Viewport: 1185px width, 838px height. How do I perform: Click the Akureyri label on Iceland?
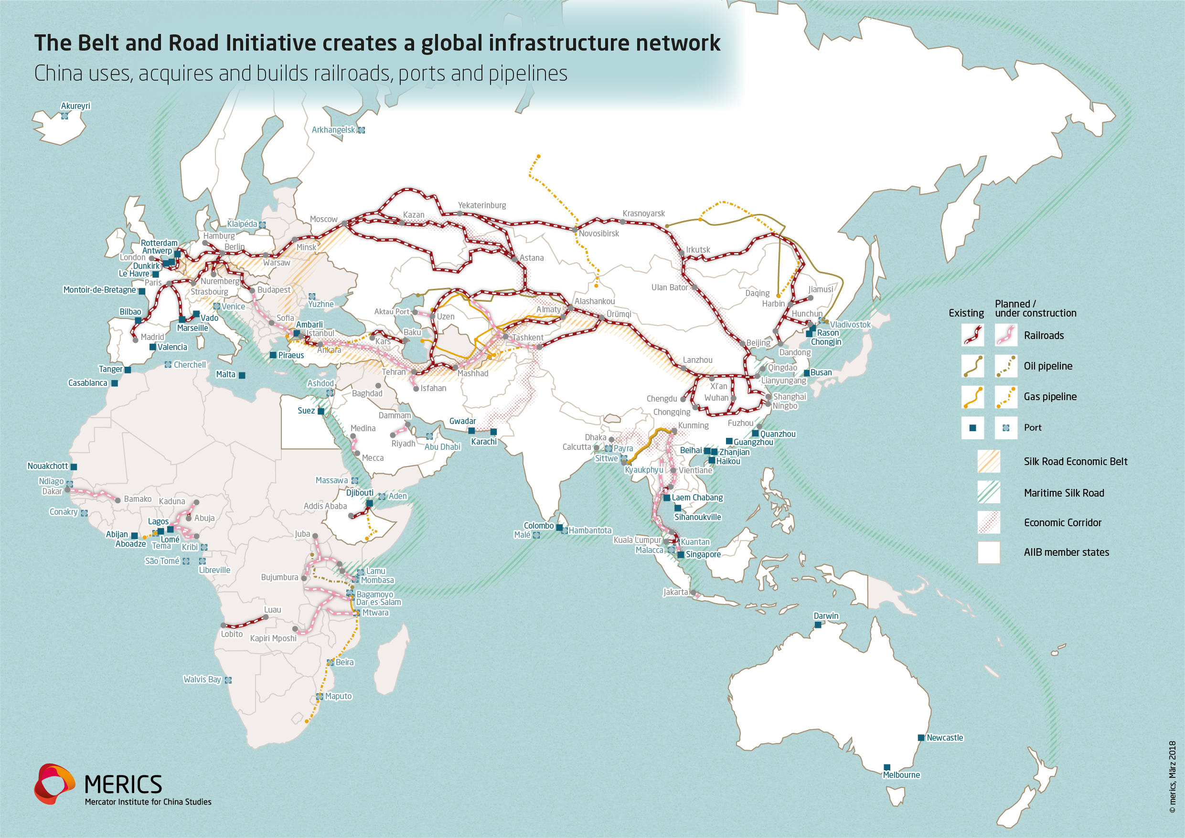75,106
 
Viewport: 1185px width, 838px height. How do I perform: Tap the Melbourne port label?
901,775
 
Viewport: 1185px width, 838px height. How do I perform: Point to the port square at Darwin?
818,625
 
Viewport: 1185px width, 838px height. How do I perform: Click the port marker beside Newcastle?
921,738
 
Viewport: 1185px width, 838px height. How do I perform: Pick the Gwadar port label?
462,421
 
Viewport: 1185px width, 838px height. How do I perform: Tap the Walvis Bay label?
203,679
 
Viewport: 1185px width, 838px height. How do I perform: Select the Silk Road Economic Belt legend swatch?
988,461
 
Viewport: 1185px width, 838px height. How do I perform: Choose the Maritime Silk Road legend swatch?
988,492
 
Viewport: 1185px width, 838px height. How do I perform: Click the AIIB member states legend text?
1066,552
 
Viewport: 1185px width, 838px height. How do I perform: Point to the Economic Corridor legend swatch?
988,522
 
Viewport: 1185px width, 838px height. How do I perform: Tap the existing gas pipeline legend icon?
972,397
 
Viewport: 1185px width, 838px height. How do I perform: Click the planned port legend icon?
1006,428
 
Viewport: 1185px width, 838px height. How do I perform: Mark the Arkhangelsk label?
333,130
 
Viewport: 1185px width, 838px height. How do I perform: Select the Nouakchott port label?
47,466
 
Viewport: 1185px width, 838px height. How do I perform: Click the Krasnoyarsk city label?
643,213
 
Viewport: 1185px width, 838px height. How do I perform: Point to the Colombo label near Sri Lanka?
538,526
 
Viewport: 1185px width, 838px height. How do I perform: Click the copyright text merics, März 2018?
1173,777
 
